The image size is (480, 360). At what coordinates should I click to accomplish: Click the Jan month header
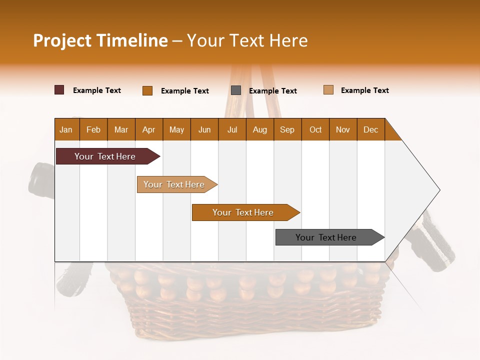66,129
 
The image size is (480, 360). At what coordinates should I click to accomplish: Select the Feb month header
93,129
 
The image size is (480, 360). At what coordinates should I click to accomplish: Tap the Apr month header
148,129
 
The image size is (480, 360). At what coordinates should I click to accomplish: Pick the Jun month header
204,129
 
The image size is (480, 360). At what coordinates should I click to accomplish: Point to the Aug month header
259,129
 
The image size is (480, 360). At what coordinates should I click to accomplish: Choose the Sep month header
287,129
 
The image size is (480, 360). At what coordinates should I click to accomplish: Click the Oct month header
315,129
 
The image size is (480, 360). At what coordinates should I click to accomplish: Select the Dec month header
370,129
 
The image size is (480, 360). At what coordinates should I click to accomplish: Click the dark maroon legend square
59,90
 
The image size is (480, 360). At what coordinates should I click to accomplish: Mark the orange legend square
147,90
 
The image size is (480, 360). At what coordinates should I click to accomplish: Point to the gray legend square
236,90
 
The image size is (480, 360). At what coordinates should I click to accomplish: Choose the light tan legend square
328,90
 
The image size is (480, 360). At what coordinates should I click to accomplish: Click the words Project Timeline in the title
100,40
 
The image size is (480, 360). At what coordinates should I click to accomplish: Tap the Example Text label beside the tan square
364,90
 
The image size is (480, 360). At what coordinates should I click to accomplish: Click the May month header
176,129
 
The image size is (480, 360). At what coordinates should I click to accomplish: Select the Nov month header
342,129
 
